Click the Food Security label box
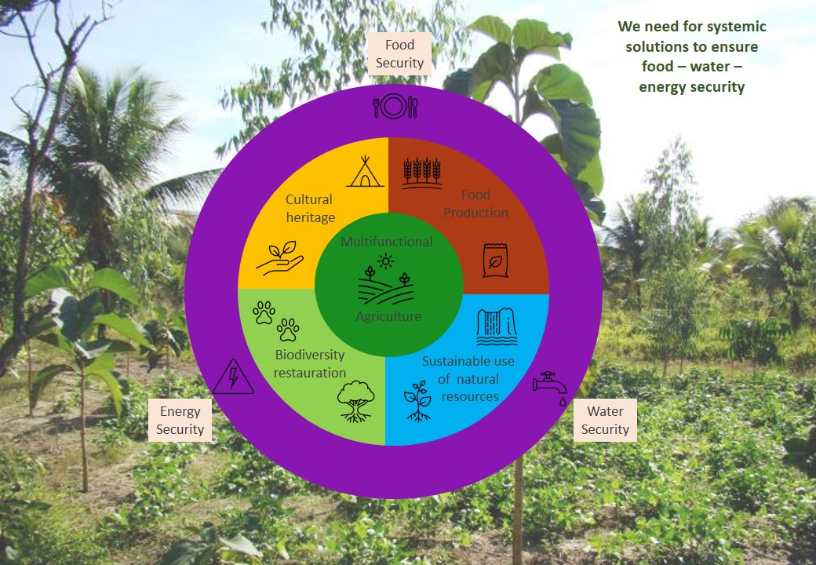[399, 53]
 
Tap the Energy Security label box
[180, 420]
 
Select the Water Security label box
[605, 420]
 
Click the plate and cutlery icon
[395, 106]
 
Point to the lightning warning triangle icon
[233, 377]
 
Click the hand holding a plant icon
[279, 257]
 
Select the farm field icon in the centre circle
[385, 280]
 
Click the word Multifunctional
[386, 242]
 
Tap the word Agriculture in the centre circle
[388, 316]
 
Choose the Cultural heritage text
[310, 208]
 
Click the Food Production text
[475, 203]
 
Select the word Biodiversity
[309, 355]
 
